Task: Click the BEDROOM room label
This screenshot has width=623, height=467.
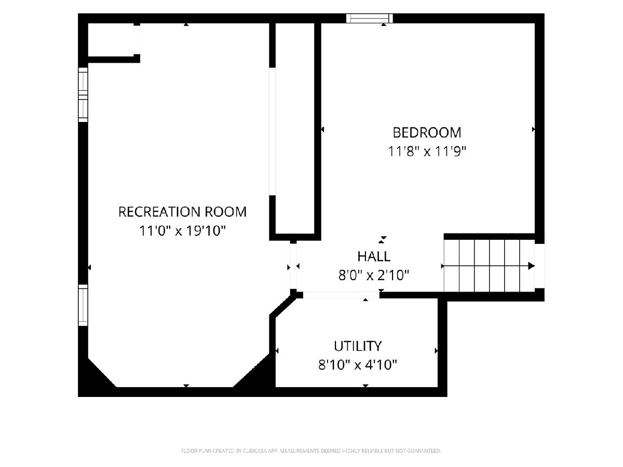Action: tap(427, 133)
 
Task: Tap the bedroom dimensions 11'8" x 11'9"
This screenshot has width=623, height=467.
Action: tap(427, 152)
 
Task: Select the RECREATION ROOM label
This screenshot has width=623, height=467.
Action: tap(182, 212)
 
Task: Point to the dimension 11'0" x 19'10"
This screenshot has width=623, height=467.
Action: tap(182, 231)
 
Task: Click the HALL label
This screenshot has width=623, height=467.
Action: tap(374, 257)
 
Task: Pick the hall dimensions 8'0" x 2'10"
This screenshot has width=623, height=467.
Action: tap(374, 275)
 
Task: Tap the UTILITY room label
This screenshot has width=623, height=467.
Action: tap(358, 346)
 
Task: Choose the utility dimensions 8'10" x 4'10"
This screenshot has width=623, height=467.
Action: tap(358, 365)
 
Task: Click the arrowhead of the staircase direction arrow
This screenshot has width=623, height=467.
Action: tap(531, 266)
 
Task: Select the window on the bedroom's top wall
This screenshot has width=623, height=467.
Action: tap(370, 19)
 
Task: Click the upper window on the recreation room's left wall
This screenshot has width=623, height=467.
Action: tap(83, 95)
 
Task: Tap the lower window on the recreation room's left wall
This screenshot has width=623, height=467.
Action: tap(83, 306)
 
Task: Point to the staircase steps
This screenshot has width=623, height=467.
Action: tap(490, 266)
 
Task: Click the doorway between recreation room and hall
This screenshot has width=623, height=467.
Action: tap(293, 267)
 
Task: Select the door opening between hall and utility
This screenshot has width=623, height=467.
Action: tap(341, 295)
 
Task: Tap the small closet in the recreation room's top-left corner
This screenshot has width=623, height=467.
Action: tap(111, 40)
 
